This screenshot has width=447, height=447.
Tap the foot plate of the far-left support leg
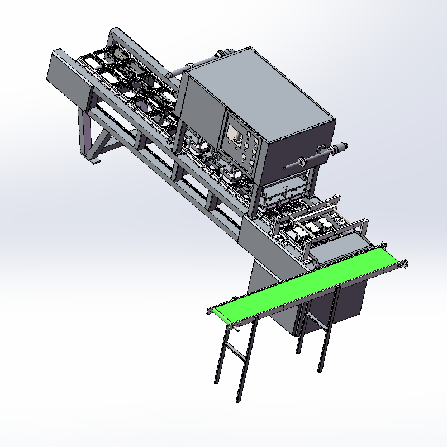(95, 162)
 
